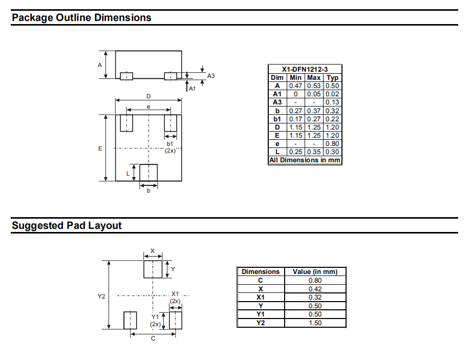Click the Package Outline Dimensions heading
click(x=81, y=17)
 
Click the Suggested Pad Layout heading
click(x=67, y=225)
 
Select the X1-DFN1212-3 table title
click(x=305, y=69)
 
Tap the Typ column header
click(x=333, y=77)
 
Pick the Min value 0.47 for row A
click(x=295, y=86)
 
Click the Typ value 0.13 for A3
click(x=333, y=102)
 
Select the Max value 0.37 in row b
click(x=314, y=111)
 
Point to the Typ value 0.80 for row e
click(x=333, y=143)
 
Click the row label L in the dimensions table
click(x=277, y=152)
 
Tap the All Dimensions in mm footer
click(x=305, y=160)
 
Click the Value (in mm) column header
click(x=315, y=271)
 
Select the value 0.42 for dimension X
click(x=315, y=289)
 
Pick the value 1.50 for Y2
click(x=315, y=323)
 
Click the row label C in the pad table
click(x=261, y=280)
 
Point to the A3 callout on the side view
click(x=211, y=76)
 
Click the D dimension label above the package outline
click(x=148, y=96)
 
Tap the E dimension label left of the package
click(x=100, y=148)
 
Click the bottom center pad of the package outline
click(x=148, y=173)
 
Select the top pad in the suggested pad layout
click(x=153, y=269)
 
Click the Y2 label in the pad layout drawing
click(x=101, y=297)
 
